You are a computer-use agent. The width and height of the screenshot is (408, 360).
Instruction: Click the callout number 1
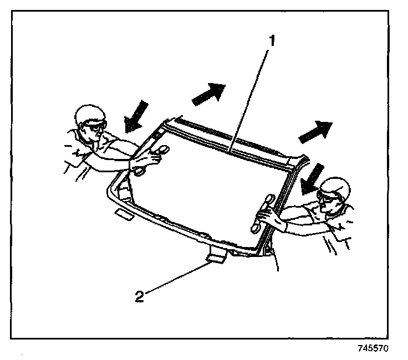tap(272, 40)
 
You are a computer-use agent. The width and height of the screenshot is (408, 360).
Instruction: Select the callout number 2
tap(139, 296)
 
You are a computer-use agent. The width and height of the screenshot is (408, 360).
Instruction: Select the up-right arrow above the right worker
tap(315, 131)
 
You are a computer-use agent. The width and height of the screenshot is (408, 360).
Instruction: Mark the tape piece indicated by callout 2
tap(216, 255)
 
